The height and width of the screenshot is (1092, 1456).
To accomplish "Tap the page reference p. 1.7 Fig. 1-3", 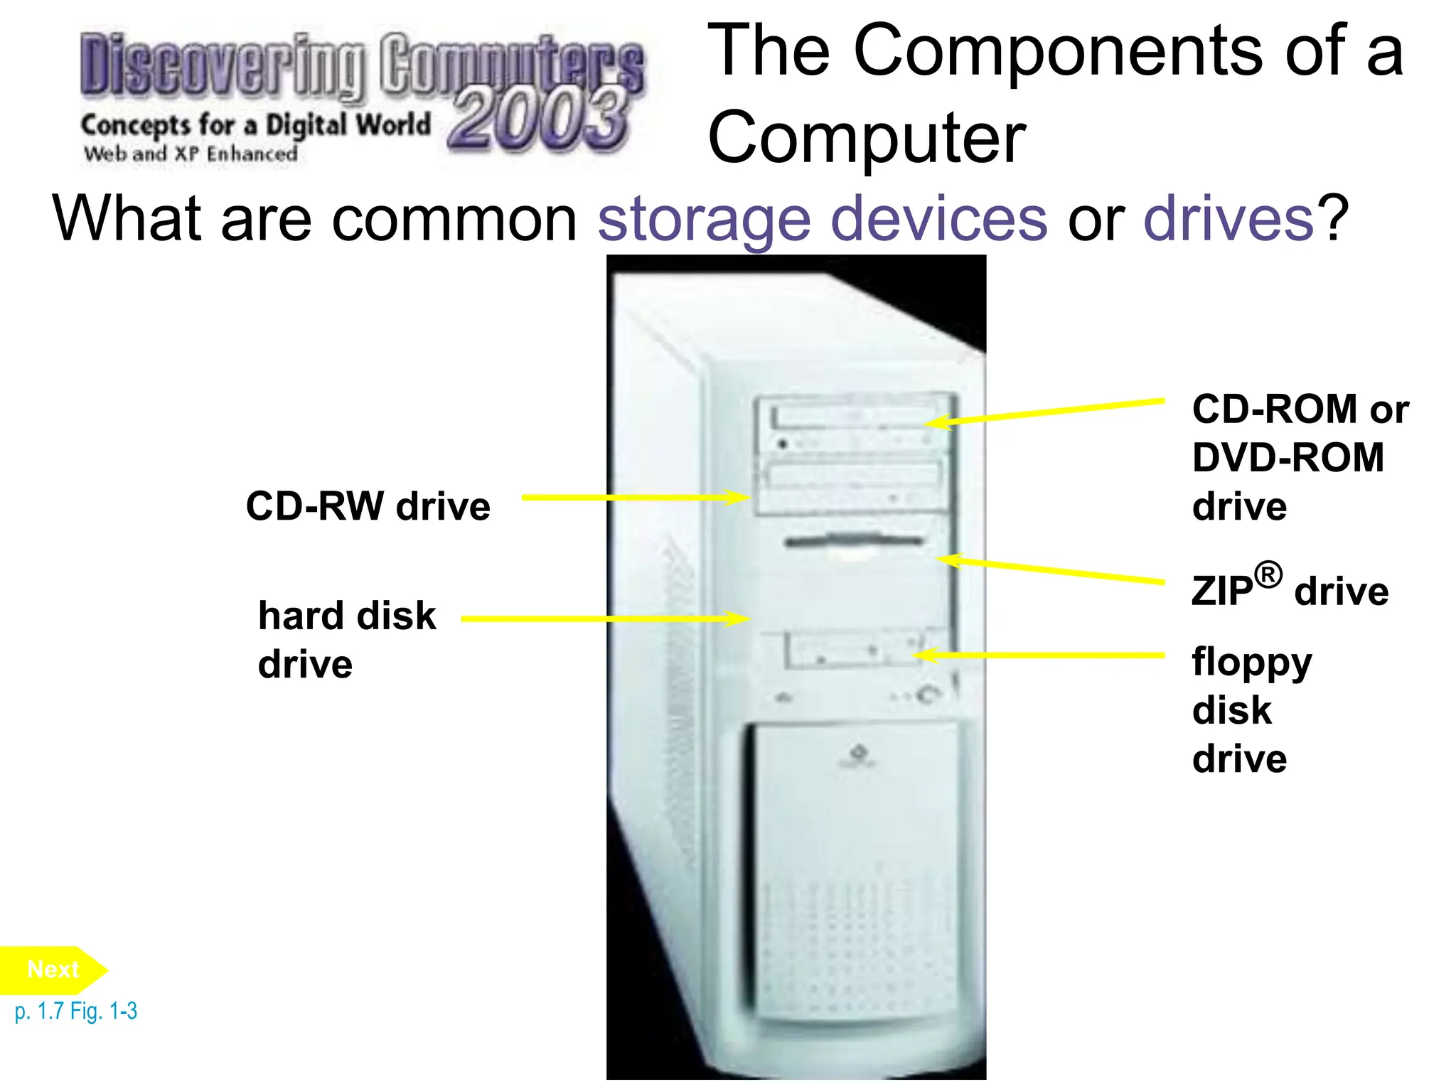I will (x=76, y=1011).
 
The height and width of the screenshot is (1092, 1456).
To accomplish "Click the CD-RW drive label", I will (x=368, y=506).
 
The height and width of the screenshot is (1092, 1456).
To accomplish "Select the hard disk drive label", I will (x=347, y=639).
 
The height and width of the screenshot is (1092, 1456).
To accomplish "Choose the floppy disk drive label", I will (x=1252, y=710).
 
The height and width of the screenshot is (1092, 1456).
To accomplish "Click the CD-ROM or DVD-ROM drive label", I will (x=1300, y=457).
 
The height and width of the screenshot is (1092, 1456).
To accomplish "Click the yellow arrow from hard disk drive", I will (x=605, y=619).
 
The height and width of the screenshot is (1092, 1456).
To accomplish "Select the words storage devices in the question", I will (x=822, y=219).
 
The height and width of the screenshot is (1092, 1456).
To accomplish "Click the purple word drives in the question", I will (x=1228, y=219).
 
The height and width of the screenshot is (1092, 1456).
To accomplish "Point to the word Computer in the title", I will (x=867, y=138).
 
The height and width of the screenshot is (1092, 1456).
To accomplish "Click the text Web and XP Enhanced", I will (x=191, y=154).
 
